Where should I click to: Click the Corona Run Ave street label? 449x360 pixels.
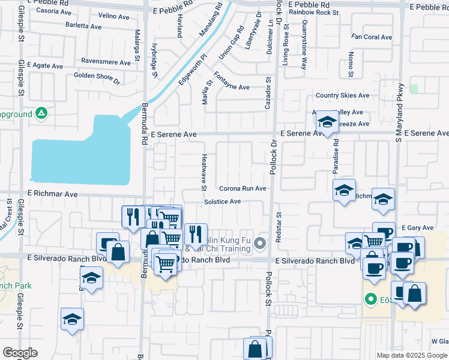coord(243,188)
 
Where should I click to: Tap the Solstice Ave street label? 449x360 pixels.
coord(222,202)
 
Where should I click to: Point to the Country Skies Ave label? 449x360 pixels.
coord(342,95)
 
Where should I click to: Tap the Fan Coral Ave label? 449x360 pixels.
coord(372,37)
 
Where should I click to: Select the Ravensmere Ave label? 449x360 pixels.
coord(106,62)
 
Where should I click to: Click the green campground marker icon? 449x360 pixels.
coord(41,113)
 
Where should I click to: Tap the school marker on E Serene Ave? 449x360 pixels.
coord(327,124)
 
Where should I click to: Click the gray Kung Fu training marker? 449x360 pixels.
coord(260,243)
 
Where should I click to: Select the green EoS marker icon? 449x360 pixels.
coord(371,299)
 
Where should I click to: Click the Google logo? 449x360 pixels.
coord(20,353)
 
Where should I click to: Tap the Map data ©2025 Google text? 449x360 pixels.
coord(412,355)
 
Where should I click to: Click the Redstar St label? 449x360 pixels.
coord(278,226)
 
